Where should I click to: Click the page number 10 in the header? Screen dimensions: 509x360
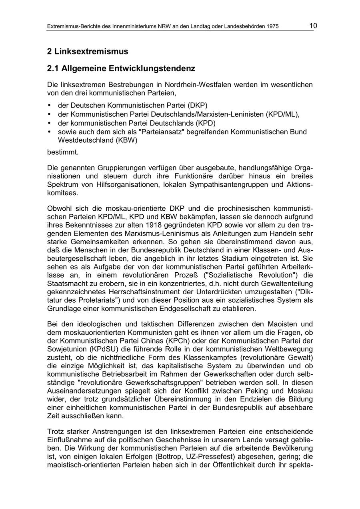pos(313,26)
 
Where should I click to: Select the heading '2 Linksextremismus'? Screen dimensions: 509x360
pos(88,52)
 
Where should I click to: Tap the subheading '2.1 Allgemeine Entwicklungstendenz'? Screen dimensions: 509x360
pos(121,68)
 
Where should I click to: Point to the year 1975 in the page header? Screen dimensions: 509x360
pos(272,27)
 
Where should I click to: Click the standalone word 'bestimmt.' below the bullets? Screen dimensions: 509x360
pos(63,152)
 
